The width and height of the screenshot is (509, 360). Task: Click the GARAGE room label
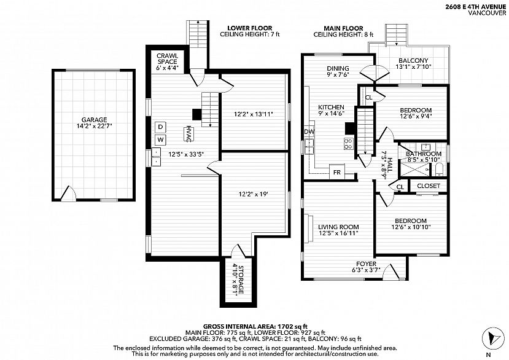click(x=94, y=120)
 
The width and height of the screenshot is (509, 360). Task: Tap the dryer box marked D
click(x=160, y=127)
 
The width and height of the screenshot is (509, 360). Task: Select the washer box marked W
click(x=160, y=140)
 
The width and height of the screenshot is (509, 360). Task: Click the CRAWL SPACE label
click(x=168, y=59)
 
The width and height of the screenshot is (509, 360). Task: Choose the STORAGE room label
click(x=241, y=280)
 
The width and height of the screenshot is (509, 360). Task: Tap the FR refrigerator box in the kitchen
click(x=337, y=172)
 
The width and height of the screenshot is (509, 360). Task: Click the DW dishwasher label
click(x=309, y=131)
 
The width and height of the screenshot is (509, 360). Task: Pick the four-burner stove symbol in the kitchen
click(x=348, y=144)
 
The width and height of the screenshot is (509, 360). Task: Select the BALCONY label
click(x=413, y=60)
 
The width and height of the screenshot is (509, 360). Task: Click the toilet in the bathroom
click(x=439, y=170)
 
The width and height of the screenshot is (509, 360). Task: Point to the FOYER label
click(x=366, y=264)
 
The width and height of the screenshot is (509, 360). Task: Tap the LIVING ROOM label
click(x=338, y=227)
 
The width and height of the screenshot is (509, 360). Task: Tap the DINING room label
click(x=338, y=68)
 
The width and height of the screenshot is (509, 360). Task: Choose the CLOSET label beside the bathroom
click(x=429, y=186)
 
